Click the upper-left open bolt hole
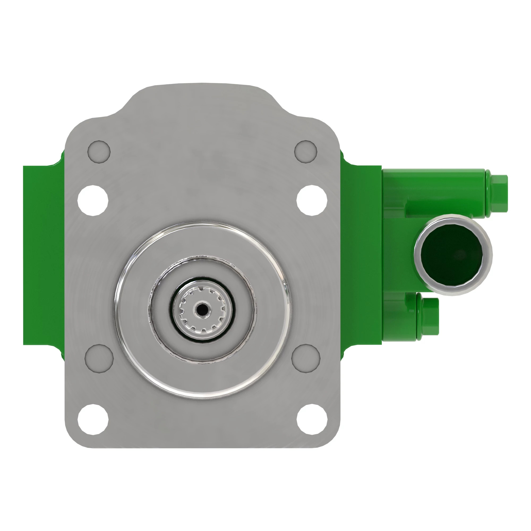tap(93, 200)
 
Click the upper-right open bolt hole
tap(312, 200)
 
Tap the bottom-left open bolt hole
tap(93, 419)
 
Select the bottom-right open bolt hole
tap(312, 419)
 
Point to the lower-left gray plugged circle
tap(99, 358)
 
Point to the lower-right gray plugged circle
tap(306, 358)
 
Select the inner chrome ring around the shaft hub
tap(253, 310)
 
